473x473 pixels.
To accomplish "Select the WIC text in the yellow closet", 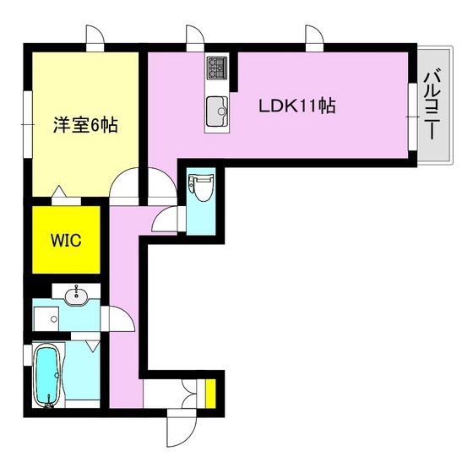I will pyautogui.click(x=66, y=240).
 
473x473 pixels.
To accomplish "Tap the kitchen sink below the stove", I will pyautogui.click(x=217, y=108).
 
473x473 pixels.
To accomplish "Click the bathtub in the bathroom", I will pyautogui.click(x=48, y=375).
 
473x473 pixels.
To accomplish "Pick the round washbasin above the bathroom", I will pyautogui.click(x=78, y=295).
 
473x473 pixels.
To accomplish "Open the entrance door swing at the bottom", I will pyautogui.click(x=179, y=430).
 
